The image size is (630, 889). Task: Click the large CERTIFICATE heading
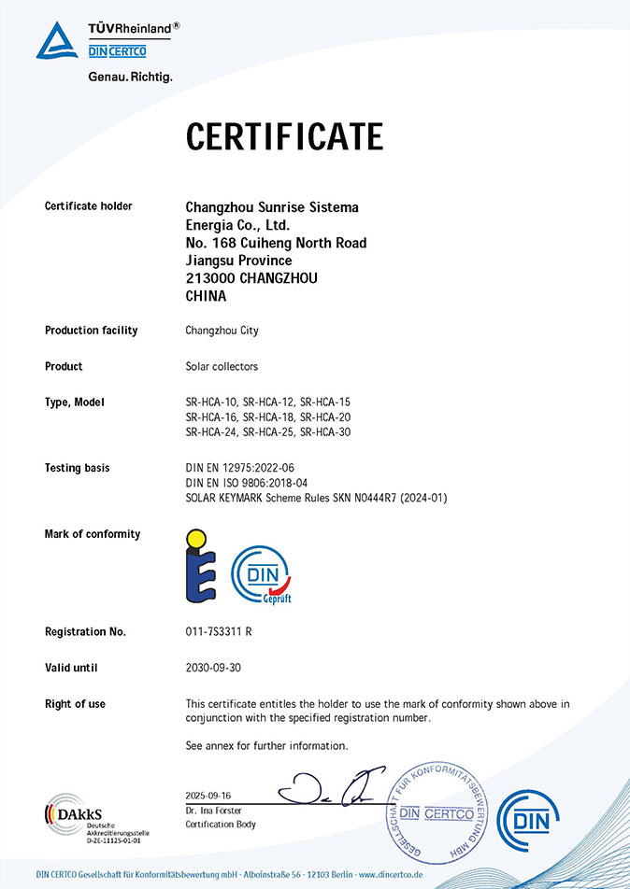coord(284,136)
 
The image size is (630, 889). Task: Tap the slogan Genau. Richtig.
coord(130,77)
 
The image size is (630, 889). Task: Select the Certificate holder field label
coord(89,206)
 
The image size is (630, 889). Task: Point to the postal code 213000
coord(210,278)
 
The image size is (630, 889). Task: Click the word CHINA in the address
coord(207,296)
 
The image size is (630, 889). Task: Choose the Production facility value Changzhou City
coord(222,331)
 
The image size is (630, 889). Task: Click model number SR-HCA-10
coord(211,402)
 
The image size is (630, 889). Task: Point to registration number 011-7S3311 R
coord(220,632)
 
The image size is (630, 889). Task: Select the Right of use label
coord(75,704)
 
